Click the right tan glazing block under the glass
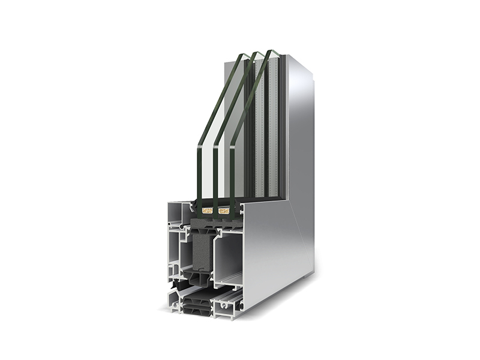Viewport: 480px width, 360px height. [x=224, y=211]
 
